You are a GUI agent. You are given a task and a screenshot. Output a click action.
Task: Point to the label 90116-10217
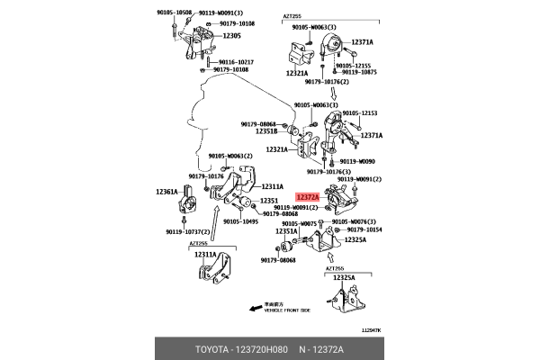[233, 61]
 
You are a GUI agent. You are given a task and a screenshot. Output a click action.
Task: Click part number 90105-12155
[354, 65]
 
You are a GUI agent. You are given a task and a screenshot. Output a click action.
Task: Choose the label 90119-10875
[358, 72]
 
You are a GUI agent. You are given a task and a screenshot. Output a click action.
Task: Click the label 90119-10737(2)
[188, 231]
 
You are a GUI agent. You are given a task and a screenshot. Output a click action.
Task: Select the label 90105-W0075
[298, 222]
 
